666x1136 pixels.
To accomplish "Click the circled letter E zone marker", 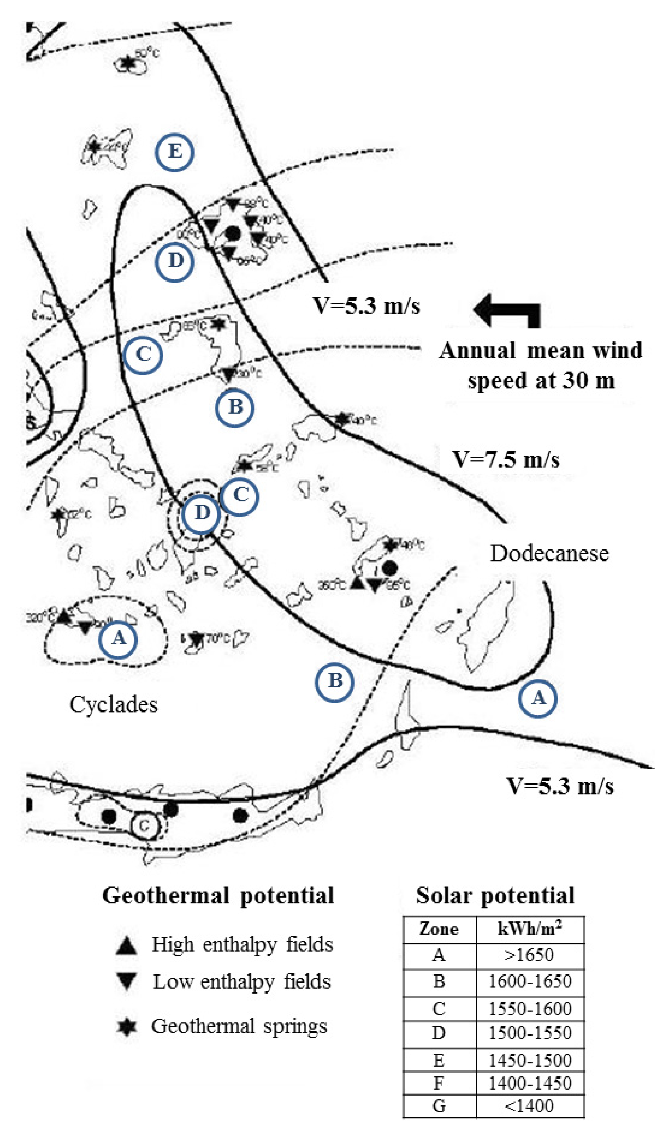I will tap(174, 152).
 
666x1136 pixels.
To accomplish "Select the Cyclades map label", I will tap(113, 705).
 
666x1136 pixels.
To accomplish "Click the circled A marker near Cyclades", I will tap(118, 639).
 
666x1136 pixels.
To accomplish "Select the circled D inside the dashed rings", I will tap(202, 513).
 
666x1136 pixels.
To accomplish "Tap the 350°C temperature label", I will tap(332, 585).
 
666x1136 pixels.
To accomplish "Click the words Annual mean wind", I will tap(540, 351).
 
